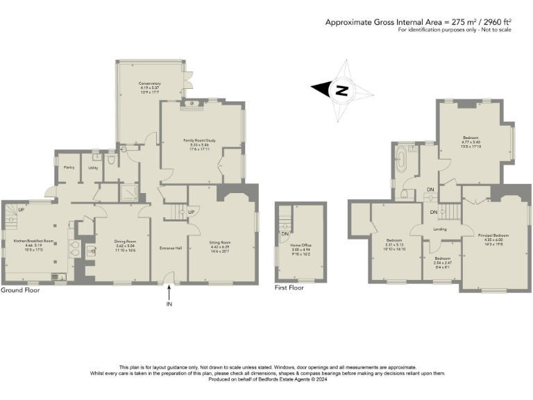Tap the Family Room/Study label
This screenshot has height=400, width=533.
coord(200,140)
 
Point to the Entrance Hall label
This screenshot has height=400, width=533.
coord(170,248)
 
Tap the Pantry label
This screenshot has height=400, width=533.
coord(69,167)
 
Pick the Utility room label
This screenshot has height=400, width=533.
coord(93,167)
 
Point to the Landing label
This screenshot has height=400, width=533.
coord(439,229)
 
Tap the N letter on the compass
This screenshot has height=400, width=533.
coord(341,90)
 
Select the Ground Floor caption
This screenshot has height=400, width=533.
coord(20,290)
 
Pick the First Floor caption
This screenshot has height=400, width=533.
coord(291,287)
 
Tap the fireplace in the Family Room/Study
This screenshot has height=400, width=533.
coord(192,104)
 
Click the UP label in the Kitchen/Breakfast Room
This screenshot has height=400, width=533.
coord(21,209)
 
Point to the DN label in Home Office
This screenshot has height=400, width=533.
coord(285,233)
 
